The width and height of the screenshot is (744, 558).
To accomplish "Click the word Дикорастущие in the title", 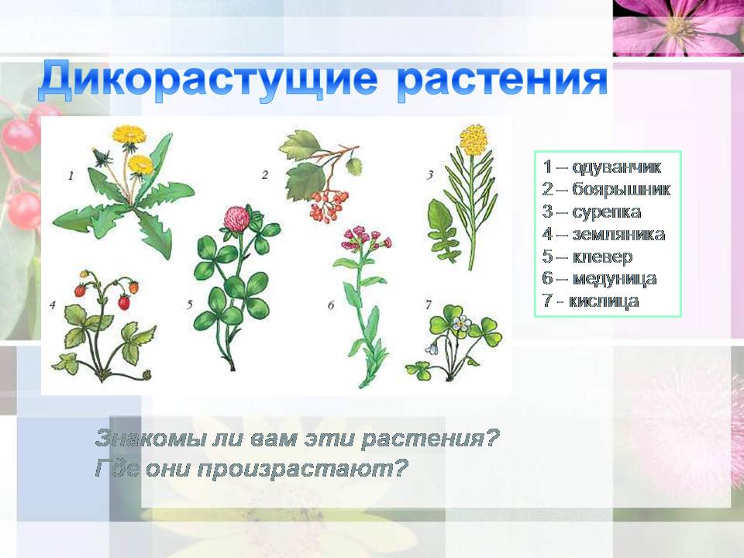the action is pyautogui.click(x=208, y=80).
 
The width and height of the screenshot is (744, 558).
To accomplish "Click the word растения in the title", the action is pyautogui.click(x=502, y=81).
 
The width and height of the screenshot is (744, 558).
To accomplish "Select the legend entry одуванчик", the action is pyautogui.click(x=617, y=167).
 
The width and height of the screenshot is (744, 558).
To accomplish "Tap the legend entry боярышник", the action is pyautogui.click(x=621, y=189).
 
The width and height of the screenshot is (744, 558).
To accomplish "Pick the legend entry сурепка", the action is pyautogui.click(x=607, y=212).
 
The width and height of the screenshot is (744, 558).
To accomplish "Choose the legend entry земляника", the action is pyautogui.click(x=618, y=234).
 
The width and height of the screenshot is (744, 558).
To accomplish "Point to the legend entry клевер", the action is pyautogui.click(x=603, y=257).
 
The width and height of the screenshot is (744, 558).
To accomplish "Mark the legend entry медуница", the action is pyautogui.click(x=615, y=278).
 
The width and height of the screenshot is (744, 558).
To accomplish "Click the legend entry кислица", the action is pyautogui.click(x=604, y=301).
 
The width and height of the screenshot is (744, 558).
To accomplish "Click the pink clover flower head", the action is pyautogui.click(x=237, y=218).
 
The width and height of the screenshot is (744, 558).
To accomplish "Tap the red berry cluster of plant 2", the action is pyautogui.click(x=328, y=205).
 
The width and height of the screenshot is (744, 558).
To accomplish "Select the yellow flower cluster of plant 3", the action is pyautogui.click(x=474, y=139).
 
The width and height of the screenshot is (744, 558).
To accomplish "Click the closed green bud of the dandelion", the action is pyautogui.click(x=102, y=157).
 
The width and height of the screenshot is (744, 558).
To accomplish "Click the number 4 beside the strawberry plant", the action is pyautogui.click(x=52, y=305).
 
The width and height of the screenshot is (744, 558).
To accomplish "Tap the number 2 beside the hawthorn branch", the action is pyautogui.click(x=265, y=175).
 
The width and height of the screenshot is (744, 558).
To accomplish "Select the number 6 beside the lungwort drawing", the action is pyautogui.click(x=331, y=305).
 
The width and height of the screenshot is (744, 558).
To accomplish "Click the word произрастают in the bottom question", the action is pyautogui.click(x=302, y=470).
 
